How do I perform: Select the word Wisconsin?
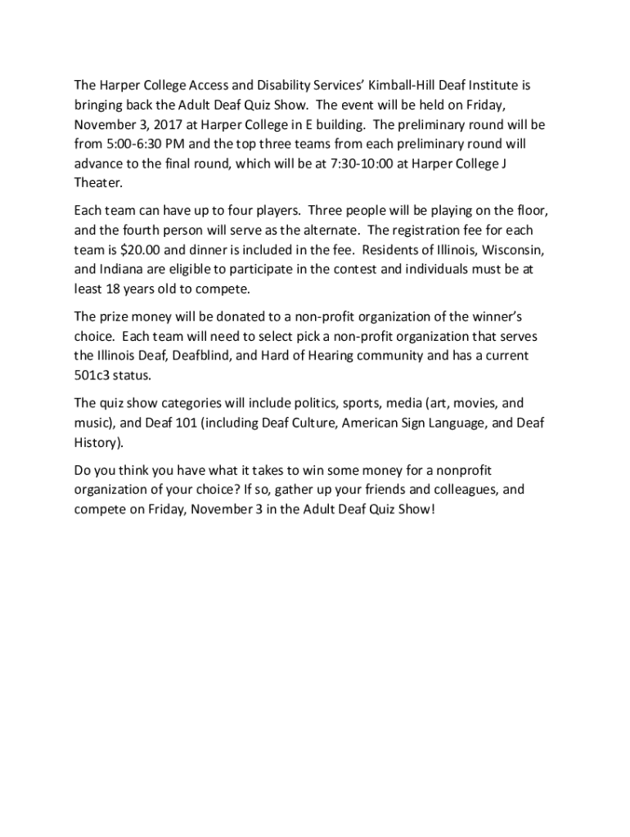click(x=513, y=249)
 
